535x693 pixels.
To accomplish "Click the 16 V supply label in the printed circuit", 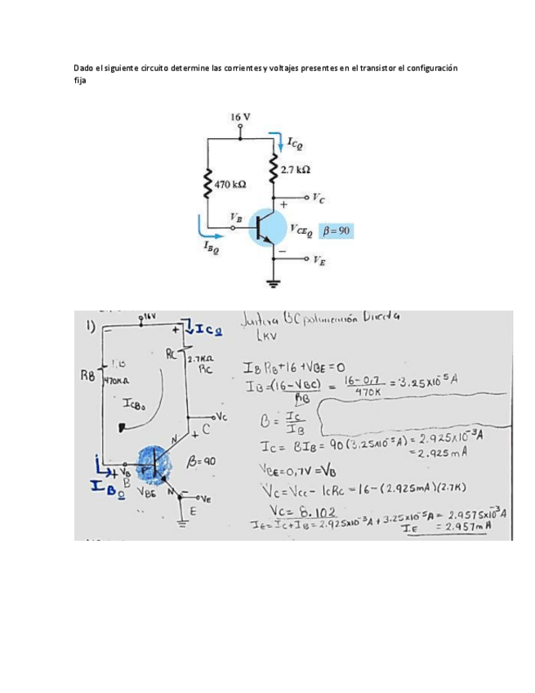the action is [x=239, y=118].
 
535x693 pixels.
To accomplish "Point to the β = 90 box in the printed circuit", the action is [x=335, y=231].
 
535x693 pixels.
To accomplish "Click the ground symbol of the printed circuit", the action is [x=273, y=284].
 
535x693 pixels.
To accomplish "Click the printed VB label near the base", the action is [x=237, y=217].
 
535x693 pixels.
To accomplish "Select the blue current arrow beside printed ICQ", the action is [x=281, y=144].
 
